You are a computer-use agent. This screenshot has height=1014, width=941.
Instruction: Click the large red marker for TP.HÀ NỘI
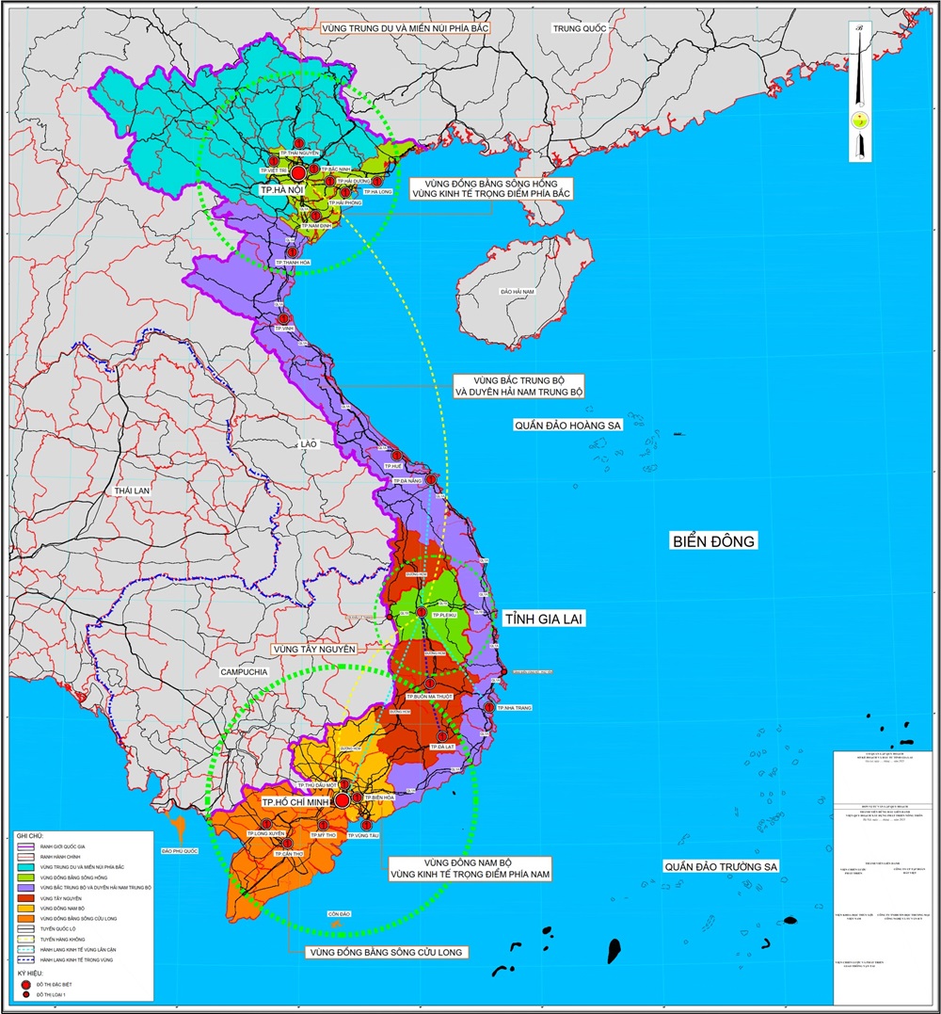(298, 173)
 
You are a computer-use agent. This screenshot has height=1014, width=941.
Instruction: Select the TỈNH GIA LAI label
(545, 619)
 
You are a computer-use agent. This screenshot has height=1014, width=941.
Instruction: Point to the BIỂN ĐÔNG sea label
(714, 541)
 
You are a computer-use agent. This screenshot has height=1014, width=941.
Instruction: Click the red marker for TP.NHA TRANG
(489, 707)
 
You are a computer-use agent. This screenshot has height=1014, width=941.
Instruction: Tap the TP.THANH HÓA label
(293, 262)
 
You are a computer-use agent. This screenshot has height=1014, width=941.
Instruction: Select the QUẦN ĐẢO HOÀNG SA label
(568, 426)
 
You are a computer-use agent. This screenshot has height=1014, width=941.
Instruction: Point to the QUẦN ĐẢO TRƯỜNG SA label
(722, 866)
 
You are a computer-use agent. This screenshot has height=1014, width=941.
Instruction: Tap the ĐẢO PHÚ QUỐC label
(180, 850)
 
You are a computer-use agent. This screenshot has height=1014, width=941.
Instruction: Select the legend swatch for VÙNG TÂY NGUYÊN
(25, 897)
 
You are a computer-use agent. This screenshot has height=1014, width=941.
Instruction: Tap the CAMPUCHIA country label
(243, 671)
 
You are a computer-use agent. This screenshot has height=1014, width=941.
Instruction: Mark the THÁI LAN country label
(133, 491)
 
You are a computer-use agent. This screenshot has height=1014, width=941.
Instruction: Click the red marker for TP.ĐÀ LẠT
(439, 736)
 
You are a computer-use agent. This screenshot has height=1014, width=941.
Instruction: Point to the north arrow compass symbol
(859, 121)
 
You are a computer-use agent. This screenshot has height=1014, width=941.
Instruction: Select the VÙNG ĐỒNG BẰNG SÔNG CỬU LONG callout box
(387, 952)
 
